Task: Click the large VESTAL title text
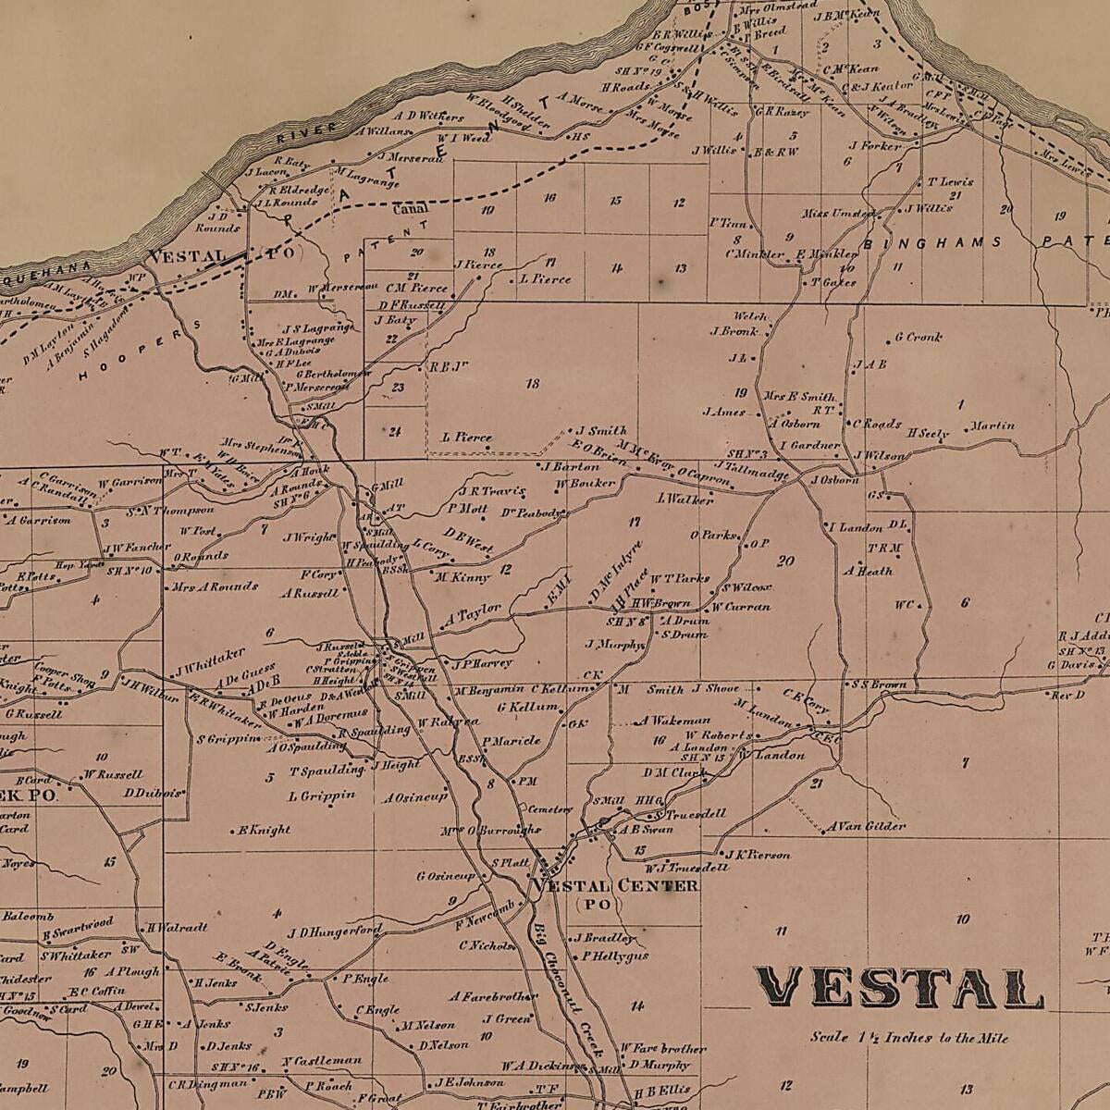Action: coord(899,988)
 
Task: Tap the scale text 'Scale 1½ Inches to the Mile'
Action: coord(908,1038)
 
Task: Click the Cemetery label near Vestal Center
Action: coord(550,808)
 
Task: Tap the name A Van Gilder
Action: coord(866,826)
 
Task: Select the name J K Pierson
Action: coord(757,855)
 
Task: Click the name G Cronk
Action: coord(918,338)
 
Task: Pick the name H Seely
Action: coord(929,433)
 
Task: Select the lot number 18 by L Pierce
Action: coord(532,383)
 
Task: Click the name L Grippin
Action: coord(321,795)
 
